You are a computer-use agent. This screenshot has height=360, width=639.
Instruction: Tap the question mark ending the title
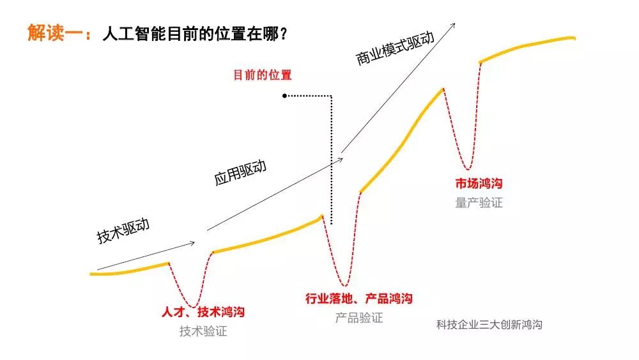(x=282, y=33)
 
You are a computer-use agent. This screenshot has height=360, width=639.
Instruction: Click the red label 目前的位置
(x=262, y=75)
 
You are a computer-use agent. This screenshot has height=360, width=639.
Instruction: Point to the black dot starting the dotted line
(x=284, y=96)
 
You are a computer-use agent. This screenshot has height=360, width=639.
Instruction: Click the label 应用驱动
(x=240, y=173)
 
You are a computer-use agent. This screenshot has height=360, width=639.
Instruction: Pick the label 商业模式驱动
(x=395, y=49)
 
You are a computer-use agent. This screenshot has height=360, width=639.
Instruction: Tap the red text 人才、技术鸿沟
(x=203, y=313)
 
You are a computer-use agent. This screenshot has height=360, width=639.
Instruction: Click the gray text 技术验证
(x=203, y=331)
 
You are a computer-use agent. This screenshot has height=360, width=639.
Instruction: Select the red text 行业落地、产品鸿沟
(x=358, y=299)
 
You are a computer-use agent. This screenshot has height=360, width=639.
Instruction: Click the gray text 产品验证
(x=358, y=318)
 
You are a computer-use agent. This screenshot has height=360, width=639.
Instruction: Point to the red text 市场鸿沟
(x=479, y=184)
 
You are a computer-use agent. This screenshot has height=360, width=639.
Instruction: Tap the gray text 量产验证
(x=479, y=203)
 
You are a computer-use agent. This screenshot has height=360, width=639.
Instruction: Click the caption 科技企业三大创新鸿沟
(x=489, y=325)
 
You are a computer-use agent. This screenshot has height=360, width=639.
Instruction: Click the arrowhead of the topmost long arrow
(x=453, y=24)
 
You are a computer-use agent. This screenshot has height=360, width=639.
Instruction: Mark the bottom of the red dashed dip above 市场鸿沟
(x=468, y=169)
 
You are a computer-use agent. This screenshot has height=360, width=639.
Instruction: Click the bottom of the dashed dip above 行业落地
(x=345, y=285)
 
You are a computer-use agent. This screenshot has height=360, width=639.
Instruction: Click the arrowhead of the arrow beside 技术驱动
(x=194, y=242)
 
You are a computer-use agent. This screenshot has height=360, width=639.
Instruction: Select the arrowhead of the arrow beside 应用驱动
(x=344, y=157)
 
